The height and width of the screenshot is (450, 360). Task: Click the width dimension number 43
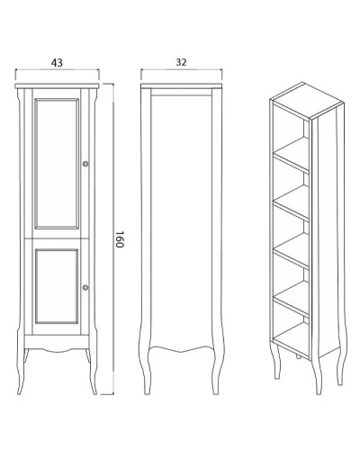[x=57, y=63]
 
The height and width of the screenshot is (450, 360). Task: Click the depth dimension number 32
[x=181, y=62]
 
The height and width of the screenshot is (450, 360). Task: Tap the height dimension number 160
[x=120, y=239]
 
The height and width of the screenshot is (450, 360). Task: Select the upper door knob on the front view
[x=85, y=164]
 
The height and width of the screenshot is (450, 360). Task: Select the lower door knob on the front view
[x=85, y=287]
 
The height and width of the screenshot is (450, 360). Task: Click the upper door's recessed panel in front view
[x=57, y=164]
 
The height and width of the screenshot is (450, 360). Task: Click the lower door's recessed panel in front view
[x=57, y=286]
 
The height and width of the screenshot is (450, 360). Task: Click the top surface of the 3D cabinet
[x=307, y=100]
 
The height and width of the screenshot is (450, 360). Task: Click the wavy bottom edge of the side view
[x=181, y=349]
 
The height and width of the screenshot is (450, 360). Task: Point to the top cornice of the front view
[x=57, y=86]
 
